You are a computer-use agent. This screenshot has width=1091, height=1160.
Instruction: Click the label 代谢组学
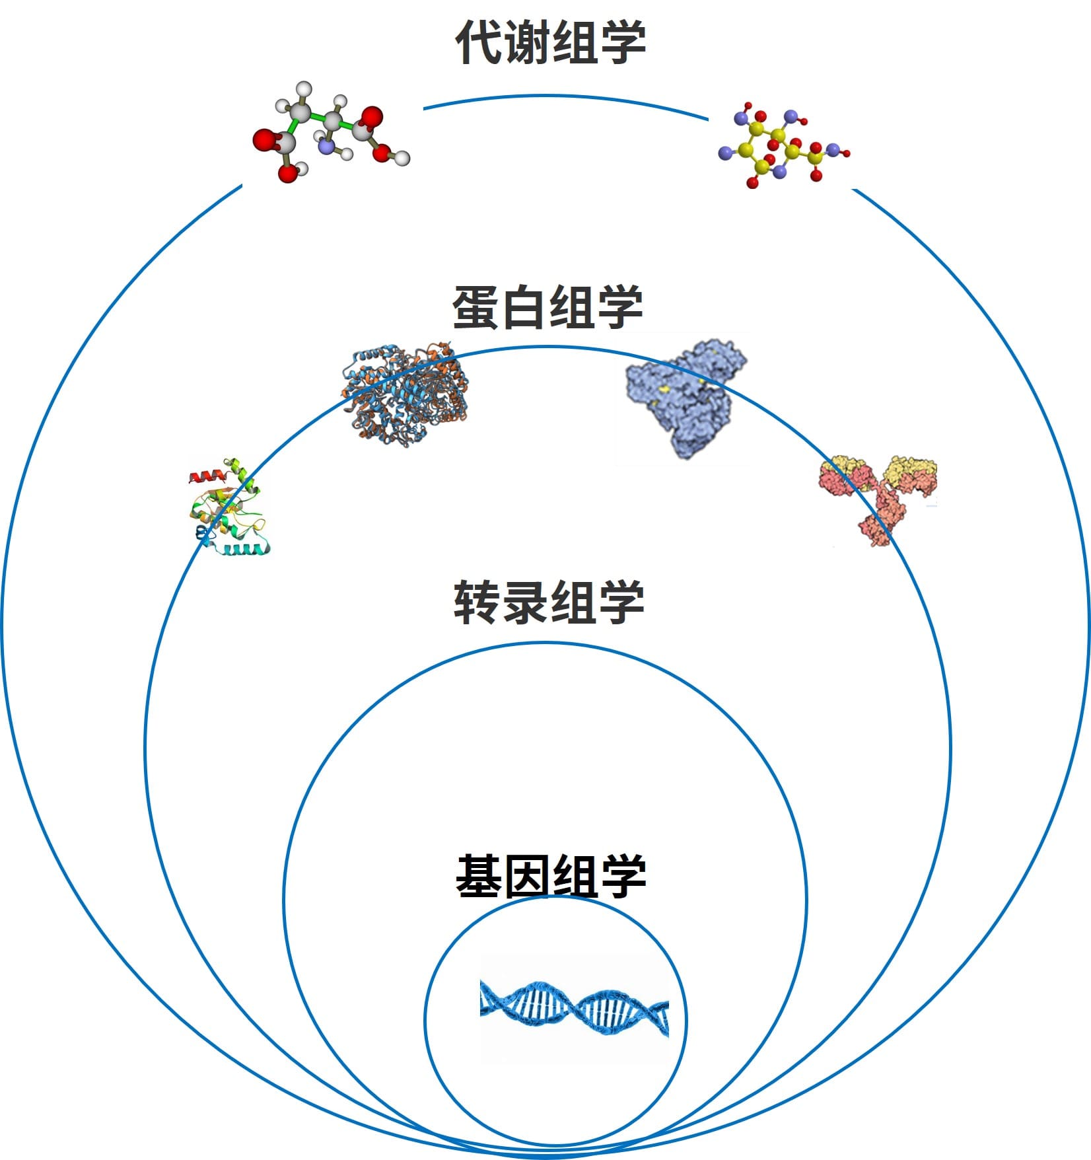(550, 42)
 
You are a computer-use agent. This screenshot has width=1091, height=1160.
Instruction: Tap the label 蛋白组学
(547, 308)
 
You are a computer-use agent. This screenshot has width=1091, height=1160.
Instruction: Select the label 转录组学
(548, 602)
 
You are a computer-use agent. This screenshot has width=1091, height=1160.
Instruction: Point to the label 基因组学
(550, 877)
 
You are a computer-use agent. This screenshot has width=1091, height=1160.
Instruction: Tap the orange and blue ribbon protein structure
(406, 393)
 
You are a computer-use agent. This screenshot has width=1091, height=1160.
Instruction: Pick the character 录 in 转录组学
(524, 602)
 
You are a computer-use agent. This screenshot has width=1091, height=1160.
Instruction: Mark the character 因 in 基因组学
(526, 877)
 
